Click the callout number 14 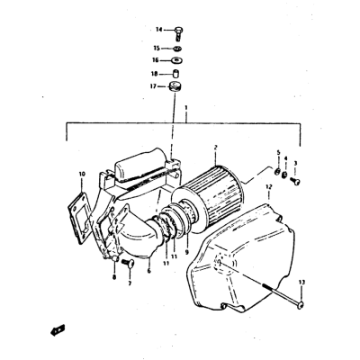coord(158,30)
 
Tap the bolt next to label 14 coord(178,34)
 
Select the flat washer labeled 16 coord(177,60)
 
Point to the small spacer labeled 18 coord(175,74)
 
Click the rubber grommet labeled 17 coord(175,86)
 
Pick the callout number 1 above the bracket coord(186,107)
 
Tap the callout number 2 coord(215,148)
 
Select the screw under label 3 coord(295,181)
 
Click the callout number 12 coord(269,187)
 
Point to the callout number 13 coord(301,283)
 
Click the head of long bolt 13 coord(301,305)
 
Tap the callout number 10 coord(82,174)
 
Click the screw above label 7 coord(128,263)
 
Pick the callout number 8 coord(114,277)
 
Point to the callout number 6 coord(149,271)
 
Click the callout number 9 coord(187,252)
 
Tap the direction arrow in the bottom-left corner coord(58,330)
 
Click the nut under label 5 coord(278,172)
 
